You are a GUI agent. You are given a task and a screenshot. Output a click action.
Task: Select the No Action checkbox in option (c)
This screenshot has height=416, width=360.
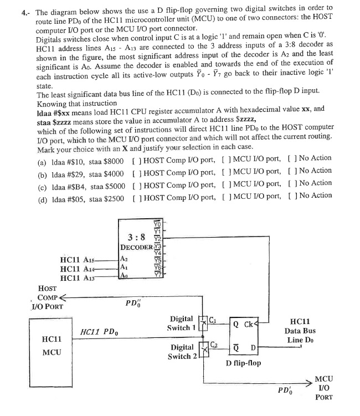tap(290, 183)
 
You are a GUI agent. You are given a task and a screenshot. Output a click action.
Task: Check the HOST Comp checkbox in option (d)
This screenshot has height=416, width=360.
tap(136, 195)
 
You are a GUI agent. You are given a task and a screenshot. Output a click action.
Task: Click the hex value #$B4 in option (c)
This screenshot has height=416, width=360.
tap(74, 183)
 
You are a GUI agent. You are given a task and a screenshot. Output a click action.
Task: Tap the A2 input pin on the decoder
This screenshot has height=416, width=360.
tap(124, 259)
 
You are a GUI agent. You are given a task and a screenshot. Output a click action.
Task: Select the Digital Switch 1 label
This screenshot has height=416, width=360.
tap(182, 323)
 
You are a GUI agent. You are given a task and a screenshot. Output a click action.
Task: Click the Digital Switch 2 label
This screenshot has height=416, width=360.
tap(182, 351)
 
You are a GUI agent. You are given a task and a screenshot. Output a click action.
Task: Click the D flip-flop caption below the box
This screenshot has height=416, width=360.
tap(244, 363)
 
